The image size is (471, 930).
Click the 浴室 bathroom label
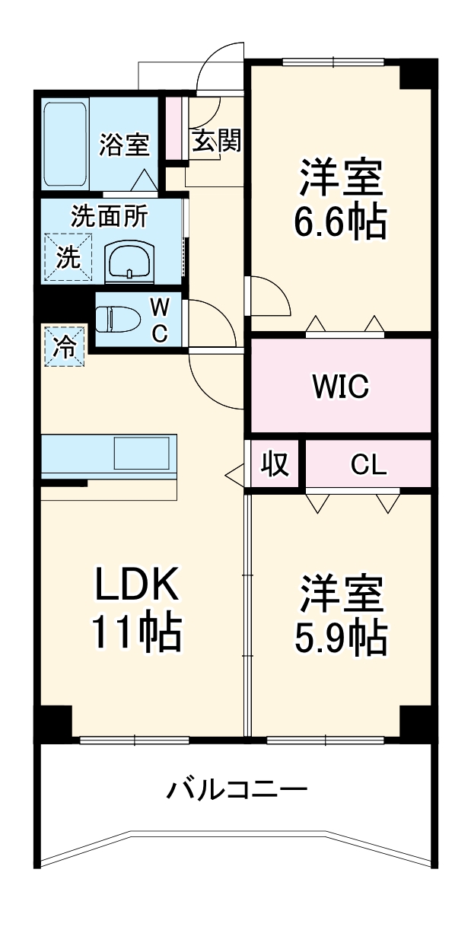coord(123,145)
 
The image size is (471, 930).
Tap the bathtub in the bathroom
coord(65,145)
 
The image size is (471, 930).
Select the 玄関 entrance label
coord(216,140)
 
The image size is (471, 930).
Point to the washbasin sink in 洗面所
coord(130,263)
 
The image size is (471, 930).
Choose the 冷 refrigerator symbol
coord(64,347)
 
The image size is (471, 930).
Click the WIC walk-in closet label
coord(340,386)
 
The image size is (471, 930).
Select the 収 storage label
coord(275,464)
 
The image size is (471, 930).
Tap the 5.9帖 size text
coord(340,638)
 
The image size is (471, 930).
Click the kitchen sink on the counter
coord(142,454)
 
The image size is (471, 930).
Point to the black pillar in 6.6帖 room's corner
coord(415,75)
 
